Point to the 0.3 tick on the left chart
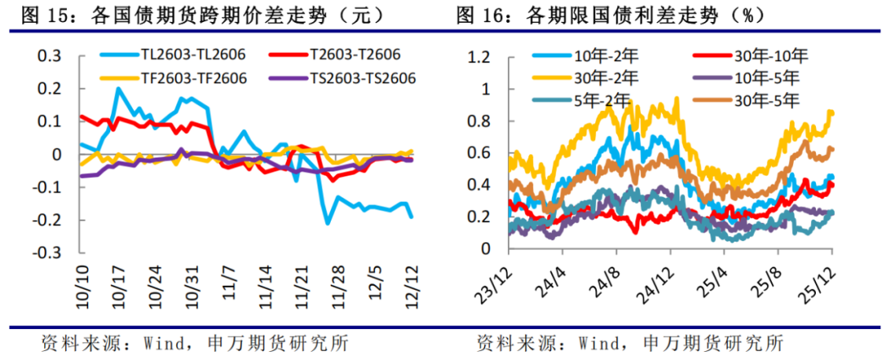pos(51,56)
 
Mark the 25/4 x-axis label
pos(734,279)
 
